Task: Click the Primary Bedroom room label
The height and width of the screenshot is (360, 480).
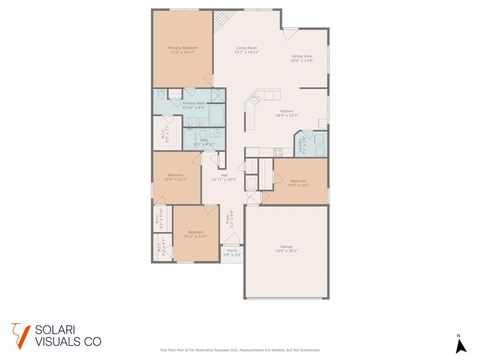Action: click(182, 48)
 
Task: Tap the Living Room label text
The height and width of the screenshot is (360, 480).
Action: click(247, 48)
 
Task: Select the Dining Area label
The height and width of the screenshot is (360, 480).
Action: click(301, 56)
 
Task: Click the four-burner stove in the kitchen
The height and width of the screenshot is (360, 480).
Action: click(277, 152)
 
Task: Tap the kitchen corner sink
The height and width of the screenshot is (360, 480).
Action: click(256, 99)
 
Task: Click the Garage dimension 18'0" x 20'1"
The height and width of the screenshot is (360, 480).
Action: click(286, 251)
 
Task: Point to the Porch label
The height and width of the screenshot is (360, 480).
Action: click(232, 251)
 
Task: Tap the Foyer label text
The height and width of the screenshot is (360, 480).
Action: click(228, 218)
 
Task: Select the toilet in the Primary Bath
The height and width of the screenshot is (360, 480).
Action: click(161, 95)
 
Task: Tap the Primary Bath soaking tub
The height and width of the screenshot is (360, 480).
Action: click(217, 115)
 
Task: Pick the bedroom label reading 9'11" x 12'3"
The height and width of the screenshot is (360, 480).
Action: click(196, 236)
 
